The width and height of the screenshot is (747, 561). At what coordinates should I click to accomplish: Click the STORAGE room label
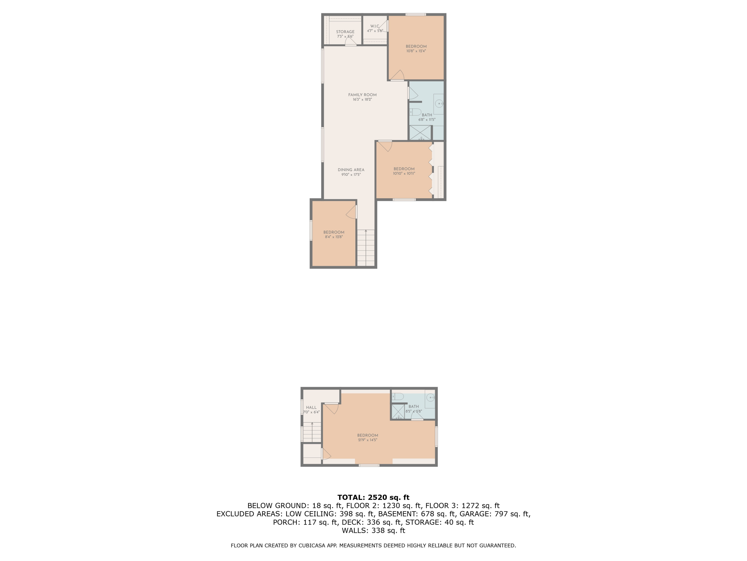pos(345,32)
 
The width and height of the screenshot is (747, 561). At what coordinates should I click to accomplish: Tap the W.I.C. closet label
pos(375,26)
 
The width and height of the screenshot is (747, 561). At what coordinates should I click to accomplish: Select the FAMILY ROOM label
pos(362,95)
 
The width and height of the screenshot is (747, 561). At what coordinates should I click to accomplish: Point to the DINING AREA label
pos(351,170)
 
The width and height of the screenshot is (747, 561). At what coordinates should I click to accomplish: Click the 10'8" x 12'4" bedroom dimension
pos(416,51)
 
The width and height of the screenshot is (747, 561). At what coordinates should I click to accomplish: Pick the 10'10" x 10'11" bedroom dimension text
pos(404,174)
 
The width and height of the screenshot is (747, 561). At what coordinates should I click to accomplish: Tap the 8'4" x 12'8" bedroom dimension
pos(334,237)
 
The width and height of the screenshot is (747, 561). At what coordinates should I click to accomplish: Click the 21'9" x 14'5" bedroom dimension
pos(368,440)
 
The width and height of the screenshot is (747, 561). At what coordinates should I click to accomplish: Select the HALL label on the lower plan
pos(311,407)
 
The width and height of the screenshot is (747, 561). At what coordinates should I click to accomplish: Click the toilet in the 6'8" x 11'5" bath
pos(415,112)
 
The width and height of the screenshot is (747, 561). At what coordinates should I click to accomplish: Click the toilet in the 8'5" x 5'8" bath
pos(398,396)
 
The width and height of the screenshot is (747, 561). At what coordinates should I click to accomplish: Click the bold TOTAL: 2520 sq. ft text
pos(373,497)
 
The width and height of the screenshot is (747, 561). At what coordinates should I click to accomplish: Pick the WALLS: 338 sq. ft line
pos(373,531)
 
